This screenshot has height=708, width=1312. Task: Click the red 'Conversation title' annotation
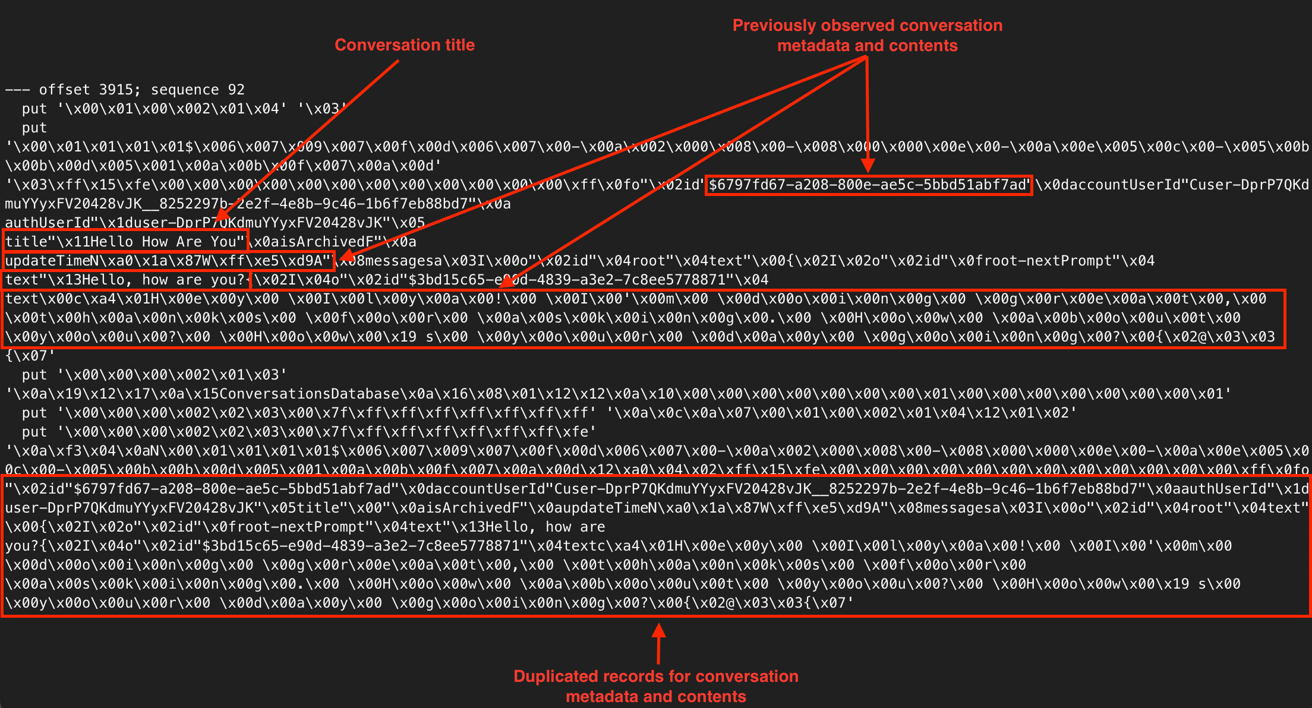(x=404, y=45)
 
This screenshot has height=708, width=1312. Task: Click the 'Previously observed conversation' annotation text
(x=867, y=26)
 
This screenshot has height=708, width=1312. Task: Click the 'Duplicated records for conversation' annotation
(x=655, y=676)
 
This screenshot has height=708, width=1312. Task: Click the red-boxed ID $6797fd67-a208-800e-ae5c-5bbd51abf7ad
(x=868, y=185)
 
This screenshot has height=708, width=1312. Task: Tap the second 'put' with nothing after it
(x=34, y=128)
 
